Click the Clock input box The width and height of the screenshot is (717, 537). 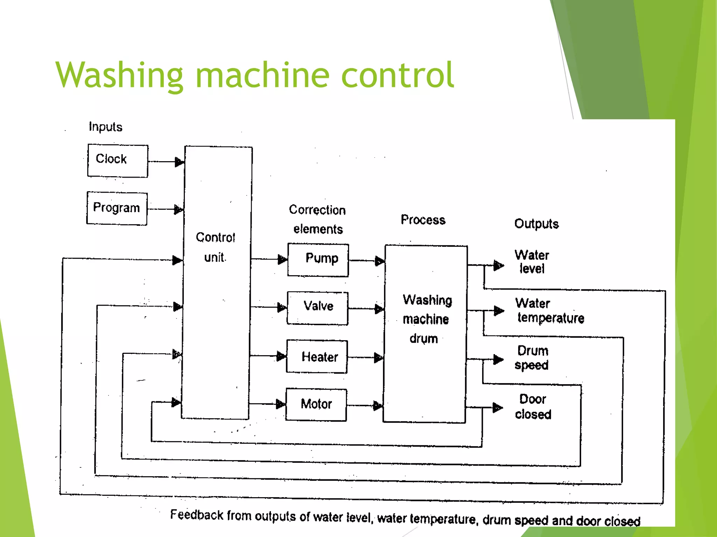(x=118, y=161)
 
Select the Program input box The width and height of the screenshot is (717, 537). (x=117, y=208)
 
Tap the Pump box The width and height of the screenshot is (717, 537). (x=318, y=260)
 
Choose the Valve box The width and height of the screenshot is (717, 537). (x=318, y=308)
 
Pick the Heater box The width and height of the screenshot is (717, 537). (x=317, y=356)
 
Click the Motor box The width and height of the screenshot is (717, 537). (x=316, y=404)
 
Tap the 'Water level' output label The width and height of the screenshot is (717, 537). (x=532, y=262)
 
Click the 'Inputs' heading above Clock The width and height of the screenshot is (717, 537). (x=105, y=127)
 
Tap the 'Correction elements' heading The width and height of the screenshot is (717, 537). (x=318, y=219)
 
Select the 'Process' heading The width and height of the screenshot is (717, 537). (x=423, y=220)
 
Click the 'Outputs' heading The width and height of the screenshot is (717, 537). (x=536, y=224)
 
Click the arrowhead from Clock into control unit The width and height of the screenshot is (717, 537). (x=179, y=162)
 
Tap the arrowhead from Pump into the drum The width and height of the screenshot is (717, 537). (x=380, y=261)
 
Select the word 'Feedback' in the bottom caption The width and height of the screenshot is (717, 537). (x=197, y=515)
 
